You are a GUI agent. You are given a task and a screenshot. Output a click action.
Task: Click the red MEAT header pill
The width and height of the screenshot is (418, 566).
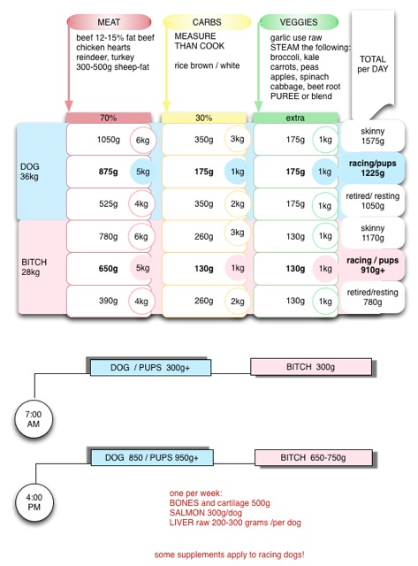(109, 22)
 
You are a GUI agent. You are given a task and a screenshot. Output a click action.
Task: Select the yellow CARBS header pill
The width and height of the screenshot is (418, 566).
(207, 22)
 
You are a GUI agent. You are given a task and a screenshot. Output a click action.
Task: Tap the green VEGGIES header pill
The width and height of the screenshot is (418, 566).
(299, 22)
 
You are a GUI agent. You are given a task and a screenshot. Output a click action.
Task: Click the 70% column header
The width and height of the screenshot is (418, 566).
(108, 118)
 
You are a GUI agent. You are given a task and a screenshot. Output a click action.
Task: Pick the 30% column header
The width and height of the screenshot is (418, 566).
(204, 118)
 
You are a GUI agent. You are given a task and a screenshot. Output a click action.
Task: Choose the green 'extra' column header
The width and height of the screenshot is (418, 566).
(295, 118)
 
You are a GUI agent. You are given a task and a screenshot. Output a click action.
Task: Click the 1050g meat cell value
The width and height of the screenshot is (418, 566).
(108, 140)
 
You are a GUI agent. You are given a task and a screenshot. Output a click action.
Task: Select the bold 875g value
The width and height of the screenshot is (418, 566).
(108, 172)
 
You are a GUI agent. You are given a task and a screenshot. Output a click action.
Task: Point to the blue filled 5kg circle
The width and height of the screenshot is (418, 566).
(142, 172)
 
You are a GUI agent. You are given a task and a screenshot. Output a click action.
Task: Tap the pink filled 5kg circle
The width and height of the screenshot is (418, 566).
(141, 268)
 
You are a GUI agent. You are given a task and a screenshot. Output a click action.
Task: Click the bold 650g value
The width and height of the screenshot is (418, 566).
(108, 269)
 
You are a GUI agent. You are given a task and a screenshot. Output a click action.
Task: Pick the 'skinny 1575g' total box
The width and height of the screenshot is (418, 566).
(373, 136)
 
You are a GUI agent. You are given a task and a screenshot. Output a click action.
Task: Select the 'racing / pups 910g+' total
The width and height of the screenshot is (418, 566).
(372, 265)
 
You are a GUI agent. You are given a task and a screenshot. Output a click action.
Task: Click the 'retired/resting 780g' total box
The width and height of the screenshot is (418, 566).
(373, 297)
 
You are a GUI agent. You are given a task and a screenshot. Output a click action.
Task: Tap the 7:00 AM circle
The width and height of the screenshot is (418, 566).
(34, 419)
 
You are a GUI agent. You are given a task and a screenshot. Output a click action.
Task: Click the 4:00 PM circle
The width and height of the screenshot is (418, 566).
(34, 502)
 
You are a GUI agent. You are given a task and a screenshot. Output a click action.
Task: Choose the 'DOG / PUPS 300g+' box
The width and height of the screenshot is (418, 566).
(150, 368)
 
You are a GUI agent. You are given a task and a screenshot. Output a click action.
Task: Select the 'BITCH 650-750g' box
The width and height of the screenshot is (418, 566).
(314, 458)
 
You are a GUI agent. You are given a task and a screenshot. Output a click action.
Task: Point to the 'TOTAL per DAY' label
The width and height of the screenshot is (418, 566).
(373, 64)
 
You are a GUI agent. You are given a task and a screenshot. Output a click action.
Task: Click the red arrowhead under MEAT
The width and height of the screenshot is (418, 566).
(69, 106)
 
